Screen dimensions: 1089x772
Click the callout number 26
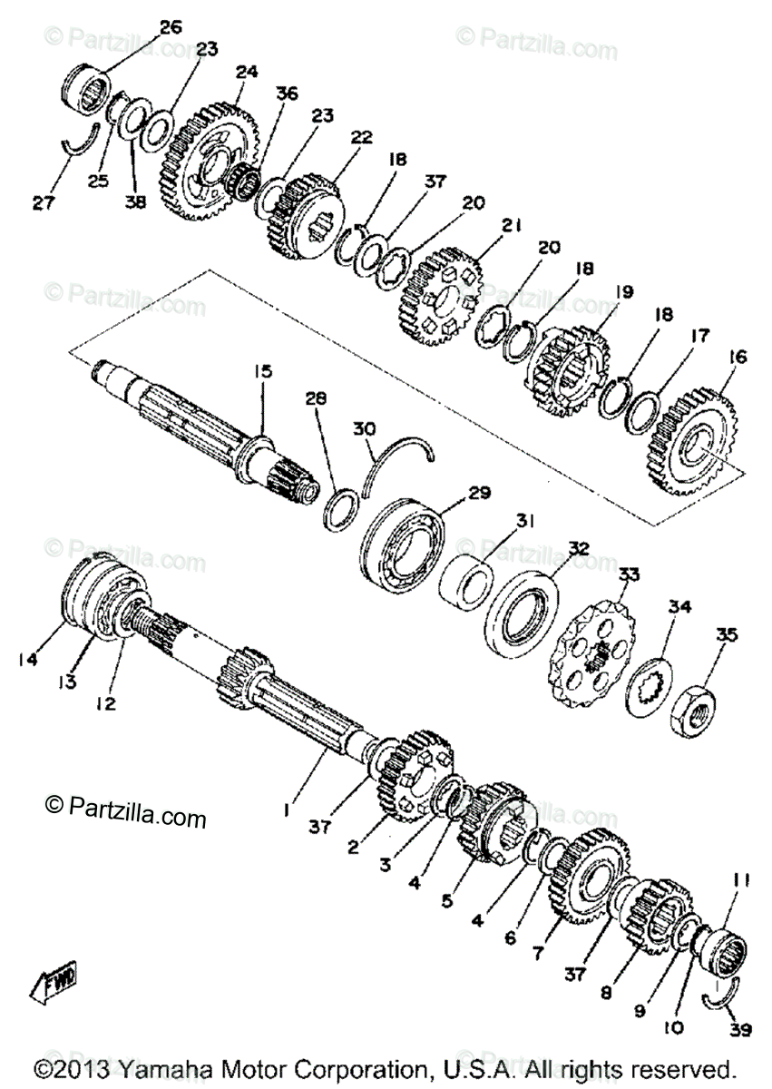pyautogui.click(x=171, y=27)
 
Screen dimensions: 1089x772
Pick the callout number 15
pyautogui.click(x=262, y=370)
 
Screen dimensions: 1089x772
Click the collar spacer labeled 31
pyautogui.click(x=469, y=584)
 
